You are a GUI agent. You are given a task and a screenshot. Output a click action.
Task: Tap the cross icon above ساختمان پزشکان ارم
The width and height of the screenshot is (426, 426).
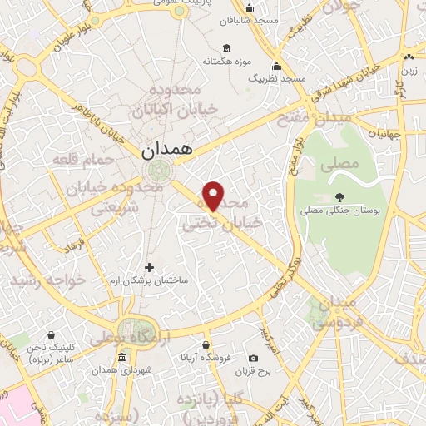pos(150,267)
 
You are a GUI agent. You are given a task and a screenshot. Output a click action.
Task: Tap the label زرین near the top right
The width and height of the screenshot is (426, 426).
pos(409,71)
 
